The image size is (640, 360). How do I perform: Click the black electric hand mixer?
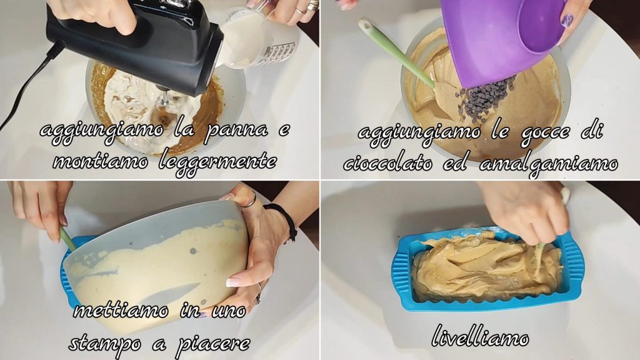pyautogui.click(x=135, y=45)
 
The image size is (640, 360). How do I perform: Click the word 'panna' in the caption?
pyautogui.click(x=236, y=131)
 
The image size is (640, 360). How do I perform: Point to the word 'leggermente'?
pyautogui.click(x=217, y=162)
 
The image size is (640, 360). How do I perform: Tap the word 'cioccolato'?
pyautogui.click(x=388, y=164)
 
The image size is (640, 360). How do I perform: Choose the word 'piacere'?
pyautogui.click(x=212, y=345)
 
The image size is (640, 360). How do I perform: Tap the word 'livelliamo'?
pyautogui.click(x=481, y=336)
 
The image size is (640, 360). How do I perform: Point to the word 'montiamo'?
pyautogui.click(x=101, y=162)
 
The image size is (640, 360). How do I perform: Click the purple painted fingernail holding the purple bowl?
pyautogui.click(x=568, y=19)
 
